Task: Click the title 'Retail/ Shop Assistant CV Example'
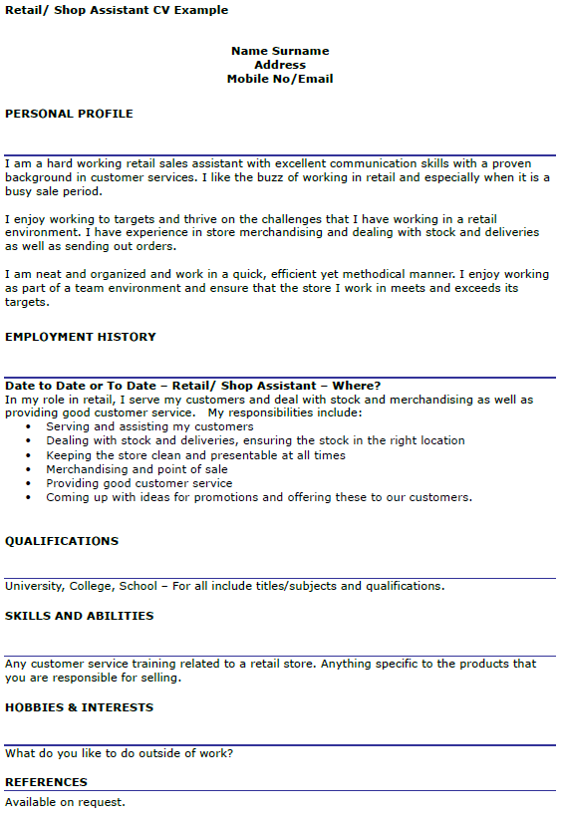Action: (x=117, y=11)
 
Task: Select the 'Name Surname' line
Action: (x=280, y=51)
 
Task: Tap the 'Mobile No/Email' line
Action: (x=280, y=79)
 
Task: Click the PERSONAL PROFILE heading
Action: (x=69, y=114)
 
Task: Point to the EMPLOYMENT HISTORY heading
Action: (x=81, y=337)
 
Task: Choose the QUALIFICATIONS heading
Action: (x=62, y=541)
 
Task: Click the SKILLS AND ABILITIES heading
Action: (x=80, y=616)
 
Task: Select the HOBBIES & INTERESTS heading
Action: (x=80, y=707)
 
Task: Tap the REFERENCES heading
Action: (x=47, y=782)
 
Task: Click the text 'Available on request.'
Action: (x=66, y=801)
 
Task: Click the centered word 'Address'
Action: (x=280, y=65)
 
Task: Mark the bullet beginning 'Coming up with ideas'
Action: (x=259, y=497)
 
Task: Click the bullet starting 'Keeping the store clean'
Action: (x=195, y=455)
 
